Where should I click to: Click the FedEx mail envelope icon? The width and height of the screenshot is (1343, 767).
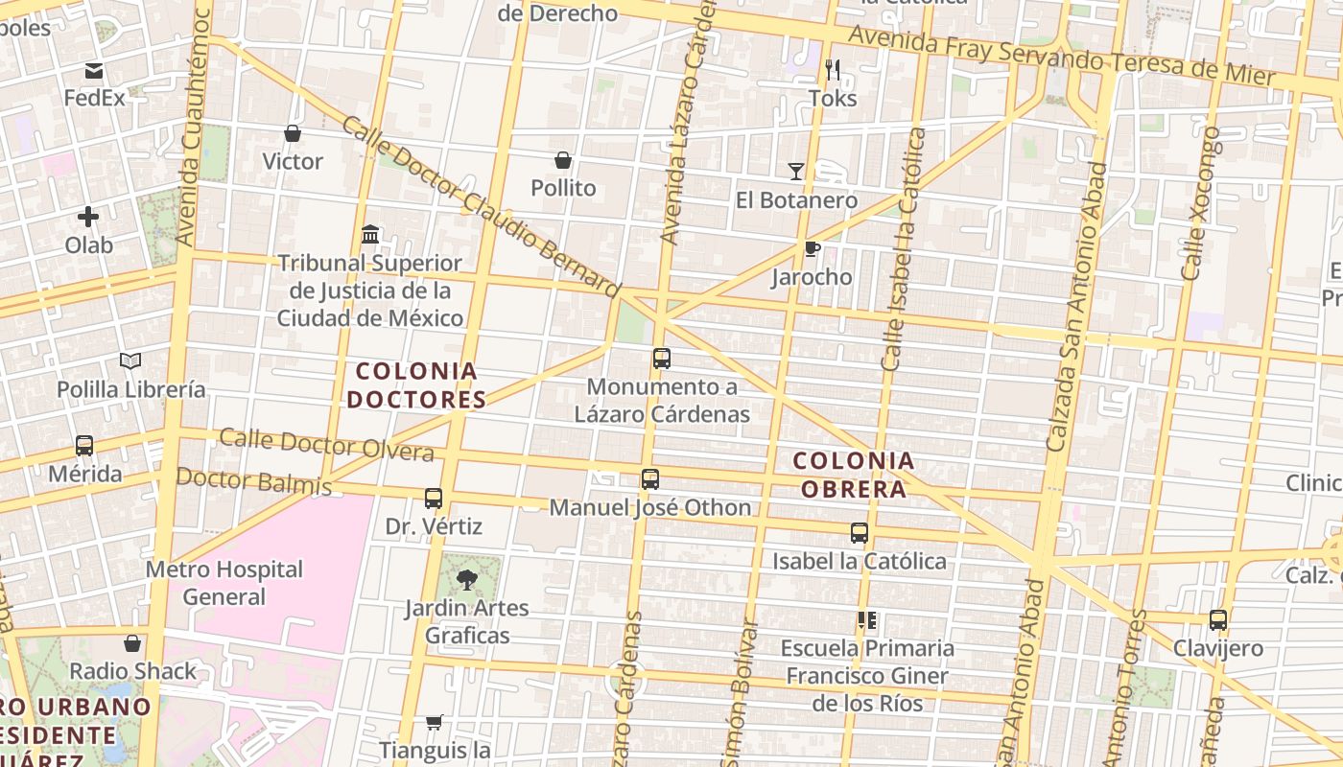pyautogui.click(x=94, y=71)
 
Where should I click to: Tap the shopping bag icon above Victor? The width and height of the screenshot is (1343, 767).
pyautogui.click(x=293, y=133)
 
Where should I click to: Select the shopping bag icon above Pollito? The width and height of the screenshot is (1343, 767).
pyautogui.click(x=563, y=160)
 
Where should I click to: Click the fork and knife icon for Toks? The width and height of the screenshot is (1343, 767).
pyautogui.click(x=833, y=70)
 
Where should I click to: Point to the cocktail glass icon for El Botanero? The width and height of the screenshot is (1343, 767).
pyautogui.click(x=796, y=172)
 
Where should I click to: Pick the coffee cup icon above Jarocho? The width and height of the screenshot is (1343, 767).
pyautogui.click(x=812, y=249)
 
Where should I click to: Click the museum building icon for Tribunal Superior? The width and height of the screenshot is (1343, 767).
pyautogui.click(x=370, y=234)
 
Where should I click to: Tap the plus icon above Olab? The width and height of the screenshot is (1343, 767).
pyautogui.click(x=88, y=217)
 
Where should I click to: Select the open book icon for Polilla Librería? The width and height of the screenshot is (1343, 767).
pyautogui.click(x=130, y=361)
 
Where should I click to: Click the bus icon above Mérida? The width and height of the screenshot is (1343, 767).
pyautogui.click(x=84, y=446)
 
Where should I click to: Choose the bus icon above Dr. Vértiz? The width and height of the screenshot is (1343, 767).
pyautogui.click(x=434, y=499)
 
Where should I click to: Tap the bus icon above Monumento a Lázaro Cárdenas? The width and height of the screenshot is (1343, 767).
pyautogui.click(x=662, y=360)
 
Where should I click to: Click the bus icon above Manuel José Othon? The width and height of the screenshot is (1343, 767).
pyautogui.click(x=650, y=479)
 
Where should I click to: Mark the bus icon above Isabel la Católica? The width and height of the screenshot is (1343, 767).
pyautogui.click(x=860, y=533)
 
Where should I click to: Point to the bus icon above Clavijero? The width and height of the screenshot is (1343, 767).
pyautogui.click(x=1218, y=620)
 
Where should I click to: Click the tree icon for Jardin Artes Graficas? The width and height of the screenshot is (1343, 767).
pyautogui.click(x=467, y=579)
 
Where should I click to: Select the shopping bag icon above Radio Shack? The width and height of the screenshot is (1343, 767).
pyautogui.click(x=132, y=643)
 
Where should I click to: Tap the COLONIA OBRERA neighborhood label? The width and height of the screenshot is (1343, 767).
pyautogui.click(x=854, y=475)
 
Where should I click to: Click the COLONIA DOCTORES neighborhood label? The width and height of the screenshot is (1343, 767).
pyautogui.click(x=416, y=384)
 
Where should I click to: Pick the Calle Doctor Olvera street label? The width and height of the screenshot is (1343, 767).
pyautogui.click(x=326, y=445)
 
